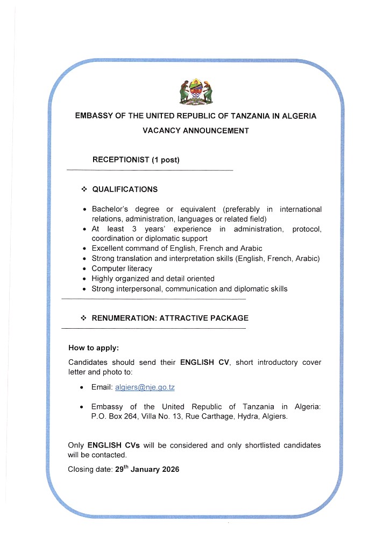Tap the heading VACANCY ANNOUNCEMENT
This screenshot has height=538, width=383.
pos(195,131)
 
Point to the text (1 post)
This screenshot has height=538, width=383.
pos(165,160)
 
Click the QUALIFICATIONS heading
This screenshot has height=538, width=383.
pos(125,189)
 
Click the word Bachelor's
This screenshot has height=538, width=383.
pos(111,209)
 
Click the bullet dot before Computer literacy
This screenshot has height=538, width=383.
pos(84,268)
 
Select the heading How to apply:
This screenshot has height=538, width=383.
pos(94,348)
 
